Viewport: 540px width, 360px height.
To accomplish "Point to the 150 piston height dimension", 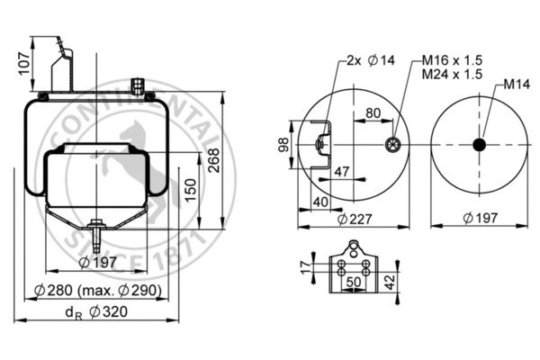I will click(x=190, y=190).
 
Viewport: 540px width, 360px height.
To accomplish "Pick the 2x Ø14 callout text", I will click(x=369, y=62).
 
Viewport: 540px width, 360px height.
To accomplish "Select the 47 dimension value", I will click(x=342, y=171).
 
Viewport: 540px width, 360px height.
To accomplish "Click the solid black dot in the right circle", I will click(x=479, y=145).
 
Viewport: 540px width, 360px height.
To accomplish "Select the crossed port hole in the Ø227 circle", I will click(x=392, y=145).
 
